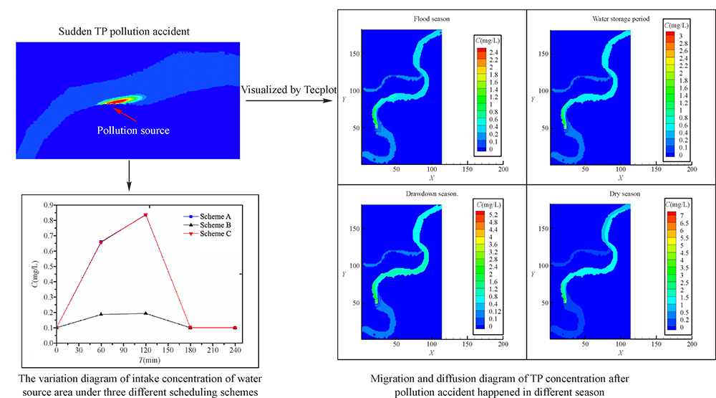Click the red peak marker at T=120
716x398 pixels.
click(x=145, y=215)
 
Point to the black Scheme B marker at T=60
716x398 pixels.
click(x=101, y=314)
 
